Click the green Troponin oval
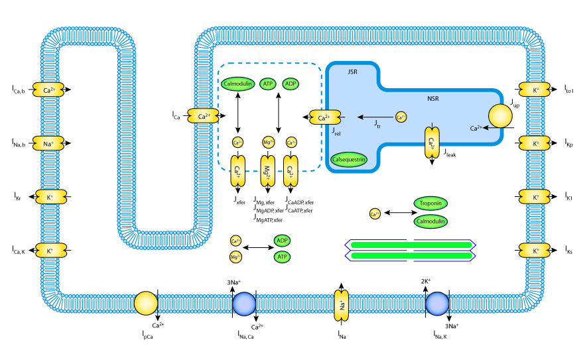coord(430,204)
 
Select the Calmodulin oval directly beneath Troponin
coord(430,221)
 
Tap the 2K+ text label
coord(426,281)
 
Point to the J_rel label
coord(336,132)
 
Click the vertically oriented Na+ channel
coord(342,306)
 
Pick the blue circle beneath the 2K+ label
coord(437,304)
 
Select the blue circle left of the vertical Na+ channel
coord(244,304)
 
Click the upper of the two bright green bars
coord(411,245)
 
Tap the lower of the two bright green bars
coord(411,256)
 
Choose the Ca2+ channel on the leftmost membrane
coord(48,90)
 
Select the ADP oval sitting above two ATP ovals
coord(283,241)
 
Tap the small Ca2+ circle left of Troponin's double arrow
coord(375,213)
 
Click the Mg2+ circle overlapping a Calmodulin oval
coord(235,257)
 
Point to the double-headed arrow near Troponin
coord(400,213)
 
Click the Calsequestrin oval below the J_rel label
coord(349,160)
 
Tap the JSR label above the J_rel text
coord(352,72)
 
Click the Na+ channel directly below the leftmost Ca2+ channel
coord(48,143)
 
